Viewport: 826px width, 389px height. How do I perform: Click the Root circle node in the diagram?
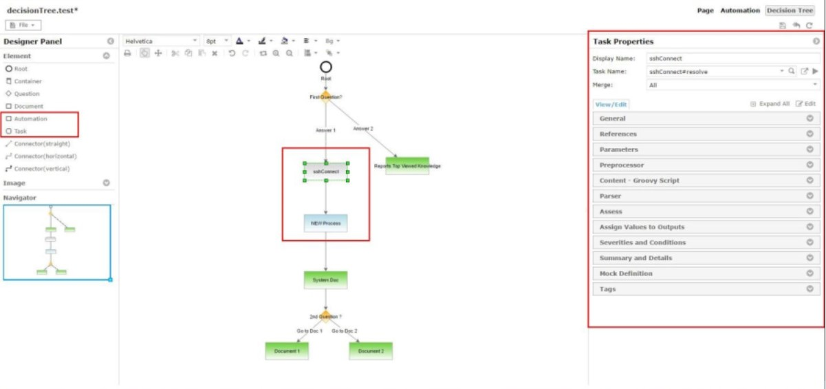[326, 67]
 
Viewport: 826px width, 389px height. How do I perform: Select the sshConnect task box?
[325, 171]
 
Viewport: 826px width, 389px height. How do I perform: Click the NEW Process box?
[325, 223]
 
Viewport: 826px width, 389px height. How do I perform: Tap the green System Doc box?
[325, 280]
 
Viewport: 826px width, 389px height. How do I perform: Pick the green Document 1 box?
[287, 350]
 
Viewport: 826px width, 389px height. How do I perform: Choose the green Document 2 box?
[370, 350]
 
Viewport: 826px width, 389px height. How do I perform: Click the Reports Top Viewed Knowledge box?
[407, 166]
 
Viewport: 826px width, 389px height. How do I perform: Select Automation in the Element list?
[30, 118]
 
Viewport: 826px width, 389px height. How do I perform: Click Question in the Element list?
[27, 94]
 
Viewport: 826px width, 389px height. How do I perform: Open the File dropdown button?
[24, 25]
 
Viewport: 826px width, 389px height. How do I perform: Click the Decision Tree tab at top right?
[790, 11]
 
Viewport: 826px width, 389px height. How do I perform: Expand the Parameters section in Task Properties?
[704, 149]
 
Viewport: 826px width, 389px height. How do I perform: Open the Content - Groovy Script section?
[704, 180]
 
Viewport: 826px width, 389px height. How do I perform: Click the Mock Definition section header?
[704, 273]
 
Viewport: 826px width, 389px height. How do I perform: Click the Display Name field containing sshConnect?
[732, 59]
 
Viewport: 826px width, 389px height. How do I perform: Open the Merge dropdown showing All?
[732, 85]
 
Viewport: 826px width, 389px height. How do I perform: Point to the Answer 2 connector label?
[363, 129]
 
